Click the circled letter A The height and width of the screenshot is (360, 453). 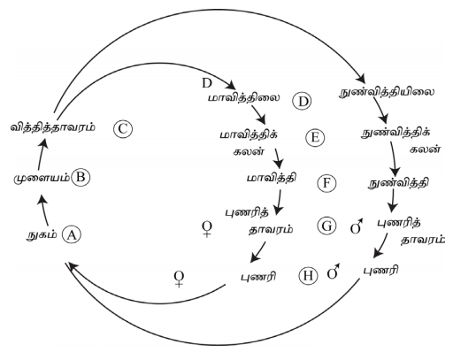[x=72, y=234]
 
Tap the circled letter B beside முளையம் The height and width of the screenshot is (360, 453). [x=81, y=177]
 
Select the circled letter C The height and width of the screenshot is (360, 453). [x=123, y=129]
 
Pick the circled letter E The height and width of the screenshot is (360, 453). [x=315, y=137]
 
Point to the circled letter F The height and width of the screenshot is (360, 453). [x=326, y=183]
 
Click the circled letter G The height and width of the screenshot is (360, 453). [x=326, y=226]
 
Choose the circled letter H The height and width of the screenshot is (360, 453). [x=308, y=276]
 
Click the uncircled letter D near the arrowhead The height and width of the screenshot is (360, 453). [x=207, y=83]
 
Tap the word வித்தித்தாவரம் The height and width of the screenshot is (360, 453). [x=53, y=127]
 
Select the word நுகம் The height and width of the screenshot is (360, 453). [x=42, y=235]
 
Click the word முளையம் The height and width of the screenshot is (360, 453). [x=42, y=179]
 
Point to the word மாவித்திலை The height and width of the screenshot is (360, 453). [x=243, y=97]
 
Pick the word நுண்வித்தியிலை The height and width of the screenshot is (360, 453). [x=387, y=92]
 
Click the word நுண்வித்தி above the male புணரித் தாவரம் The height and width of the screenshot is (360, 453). [x=399, y=183]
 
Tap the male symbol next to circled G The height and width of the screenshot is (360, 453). [x=357, y=226]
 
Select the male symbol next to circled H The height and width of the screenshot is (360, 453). [x=334, y=272]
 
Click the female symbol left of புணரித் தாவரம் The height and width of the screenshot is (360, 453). [x=207, y=229]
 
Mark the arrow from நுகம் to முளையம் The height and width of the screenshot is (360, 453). [x=44, y=211]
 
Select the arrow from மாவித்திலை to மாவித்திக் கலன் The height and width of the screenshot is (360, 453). [x=258, y=114]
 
